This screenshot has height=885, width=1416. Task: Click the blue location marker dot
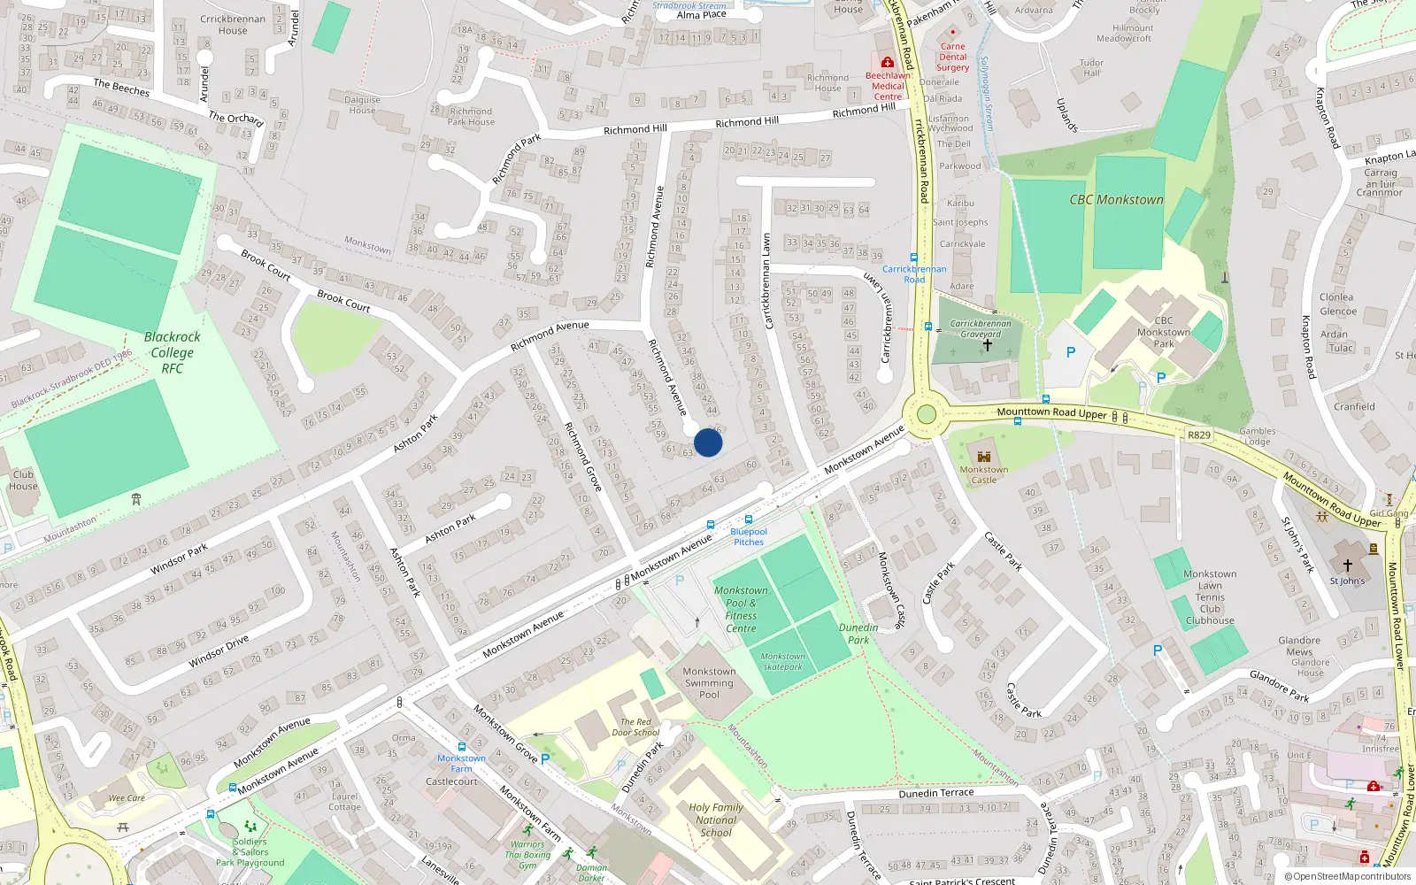pos(708,442)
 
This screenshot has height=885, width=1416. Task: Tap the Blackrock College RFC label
pos(172,352)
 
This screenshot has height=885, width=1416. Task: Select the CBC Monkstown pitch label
pos(1116,200)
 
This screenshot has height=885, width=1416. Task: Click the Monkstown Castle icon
pos(983,457)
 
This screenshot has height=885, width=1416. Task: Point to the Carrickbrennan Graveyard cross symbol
pos(987,345)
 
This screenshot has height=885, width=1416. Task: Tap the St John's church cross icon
pos(1347,566)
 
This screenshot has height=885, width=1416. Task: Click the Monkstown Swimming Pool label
pos(709,683)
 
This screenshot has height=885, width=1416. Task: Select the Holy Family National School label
pos(716,820)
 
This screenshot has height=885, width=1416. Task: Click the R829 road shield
pos(1198,435)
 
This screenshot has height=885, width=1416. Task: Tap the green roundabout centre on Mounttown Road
pos(927,414)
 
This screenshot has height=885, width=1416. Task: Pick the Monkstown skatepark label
pos(783,661)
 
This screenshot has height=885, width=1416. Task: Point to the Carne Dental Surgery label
pos(952,57)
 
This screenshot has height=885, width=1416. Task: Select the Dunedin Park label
pos(858,634)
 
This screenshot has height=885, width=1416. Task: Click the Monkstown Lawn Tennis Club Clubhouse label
pos(1210,597)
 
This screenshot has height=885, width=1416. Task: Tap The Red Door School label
pos(635,727)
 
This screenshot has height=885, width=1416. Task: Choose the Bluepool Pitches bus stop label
pos(749,536)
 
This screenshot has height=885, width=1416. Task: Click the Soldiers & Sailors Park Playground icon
pos(250,827)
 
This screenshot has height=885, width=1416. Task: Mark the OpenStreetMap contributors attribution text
pos(1347,876)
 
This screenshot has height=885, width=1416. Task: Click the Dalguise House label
pos(362,104)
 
